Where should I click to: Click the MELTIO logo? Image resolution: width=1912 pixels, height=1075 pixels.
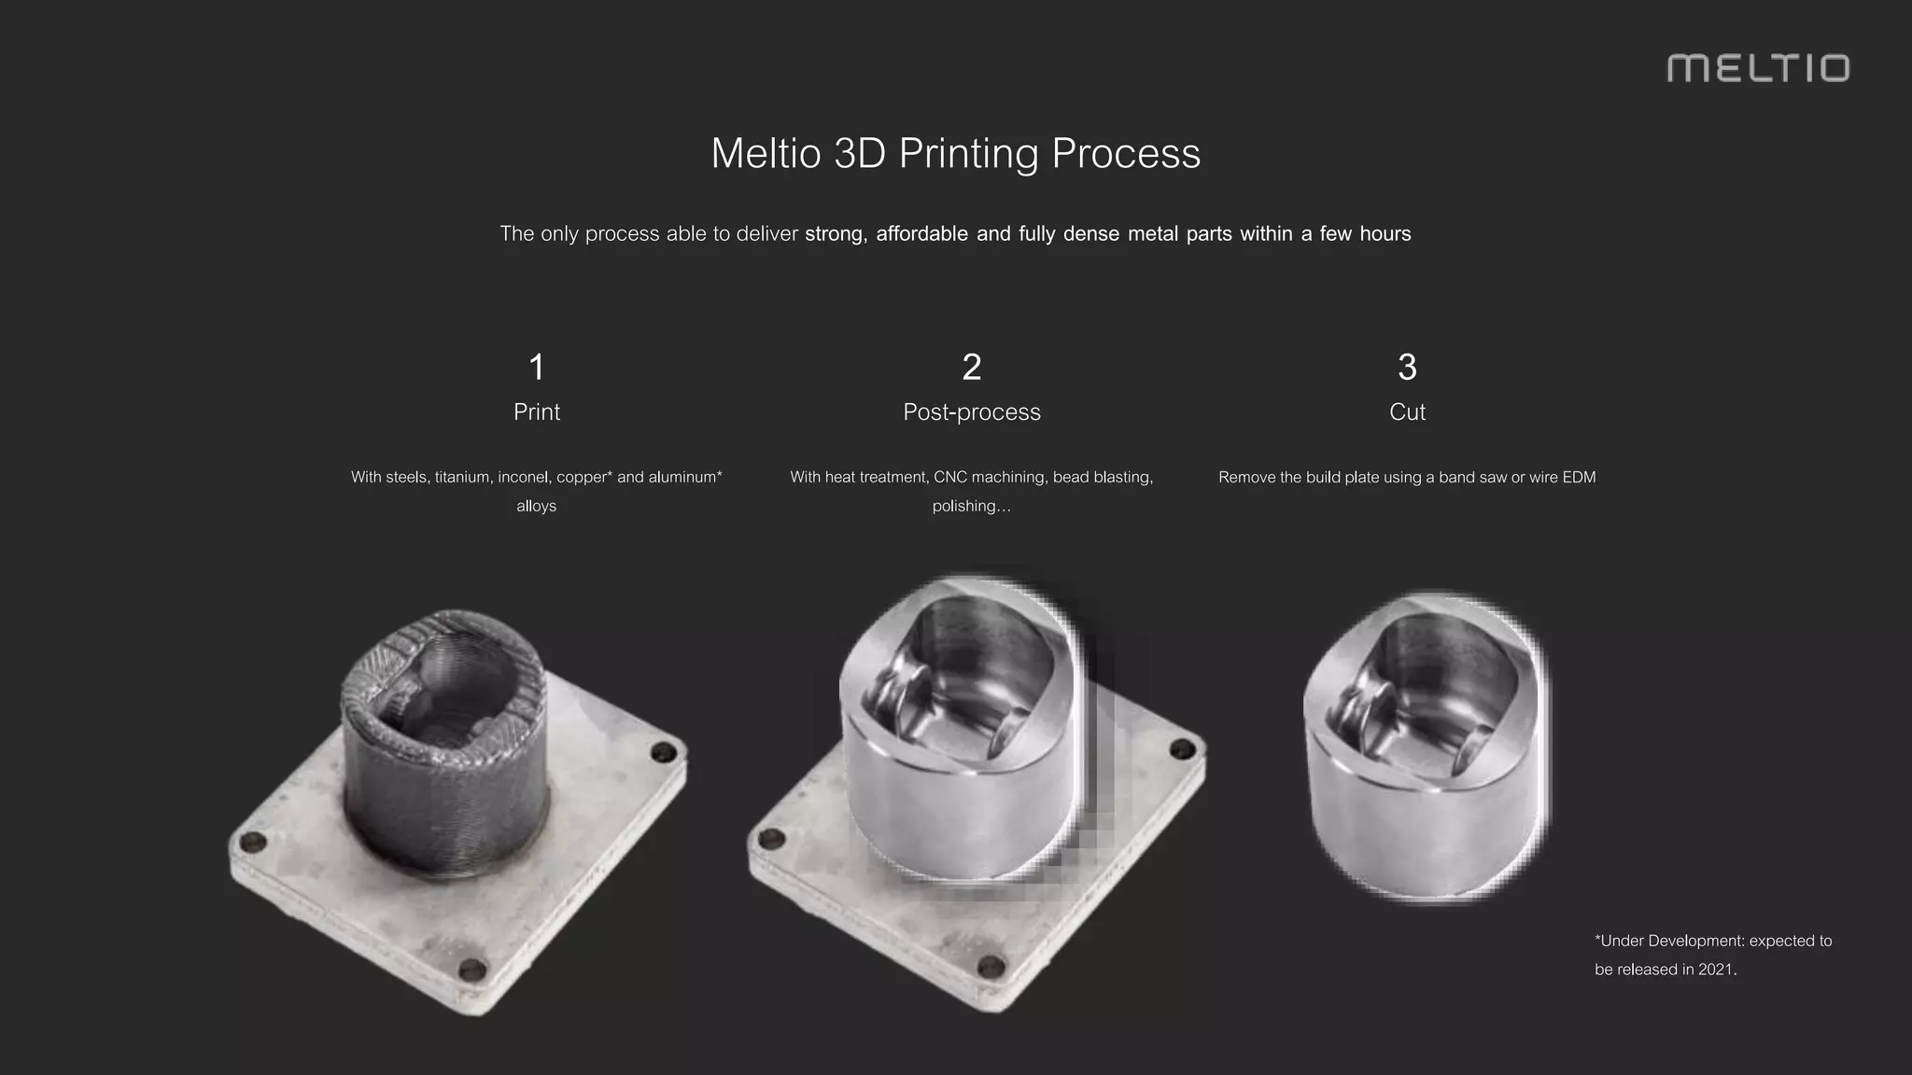[1757, 68]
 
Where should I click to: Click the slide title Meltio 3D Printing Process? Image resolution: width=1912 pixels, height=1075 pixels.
[955, 153]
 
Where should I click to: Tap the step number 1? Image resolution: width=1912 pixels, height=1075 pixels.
[536, 367]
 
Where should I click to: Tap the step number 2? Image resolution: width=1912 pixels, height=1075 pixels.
[971, 367]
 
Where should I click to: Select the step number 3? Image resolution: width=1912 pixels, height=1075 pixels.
[1407, 367]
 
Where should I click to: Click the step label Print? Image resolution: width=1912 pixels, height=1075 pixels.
[536, 412]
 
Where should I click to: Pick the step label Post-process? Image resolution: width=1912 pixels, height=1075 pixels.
[971, 412]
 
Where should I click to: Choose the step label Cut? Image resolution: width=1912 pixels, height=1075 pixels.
[1407, 412]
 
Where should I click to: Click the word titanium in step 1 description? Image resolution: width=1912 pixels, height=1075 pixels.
[462, 477]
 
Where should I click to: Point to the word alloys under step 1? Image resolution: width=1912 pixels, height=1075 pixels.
[536, 506]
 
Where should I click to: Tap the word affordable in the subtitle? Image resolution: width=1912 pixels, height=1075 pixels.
[921, 233]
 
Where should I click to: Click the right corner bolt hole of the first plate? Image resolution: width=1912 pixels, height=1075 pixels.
[664, 752]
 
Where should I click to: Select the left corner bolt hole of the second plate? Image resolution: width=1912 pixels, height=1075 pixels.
[769, 839]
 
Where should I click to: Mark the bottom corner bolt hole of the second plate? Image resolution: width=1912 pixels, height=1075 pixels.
[991, 968]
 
